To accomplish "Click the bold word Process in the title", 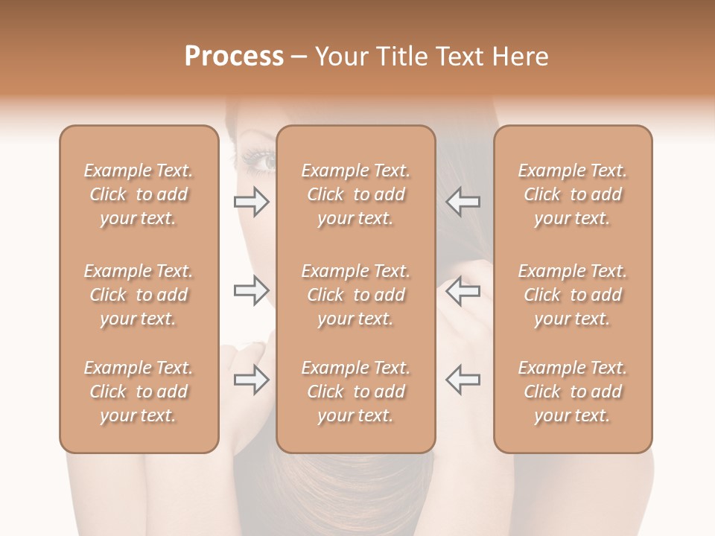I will (x=234, y=57).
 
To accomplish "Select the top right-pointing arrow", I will (x=252, y=201).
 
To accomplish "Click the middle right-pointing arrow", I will (x=252, y=290).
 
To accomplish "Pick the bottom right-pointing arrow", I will (x=252, y=380).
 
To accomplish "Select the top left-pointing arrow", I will (x=463, y=201).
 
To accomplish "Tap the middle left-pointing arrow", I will (x=463, y=290).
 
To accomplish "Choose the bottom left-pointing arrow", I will (x=463, y=380).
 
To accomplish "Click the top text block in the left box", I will (x=139, y=194).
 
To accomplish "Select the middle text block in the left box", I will (x=139, y=295).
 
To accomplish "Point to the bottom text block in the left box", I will (x=139, y=392).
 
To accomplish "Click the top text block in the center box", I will (x=356, y=194).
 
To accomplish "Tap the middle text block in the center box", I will (x=356, y=295).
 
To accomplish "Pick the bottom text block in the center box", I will (x=356, y=392).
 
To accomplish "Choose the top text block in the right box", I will (x=573, y=194).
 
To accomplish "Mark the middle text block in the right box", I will (x=573, y=295).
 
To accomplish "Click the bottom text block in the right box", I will (x=573, y=392).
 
